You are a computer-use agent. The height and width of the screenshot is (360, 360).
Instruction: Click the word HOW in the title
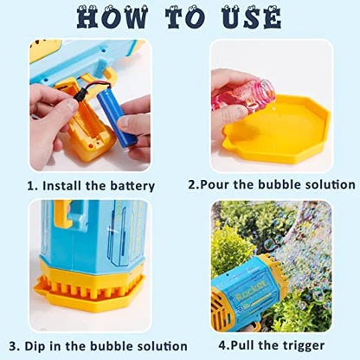(x=113, y=16)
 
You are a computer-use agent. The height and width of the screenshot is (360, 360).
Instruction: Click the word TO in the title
(x=179, y=16)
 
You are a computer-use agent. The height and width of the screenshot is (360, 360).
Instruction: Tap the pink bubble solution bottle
(x=247, y=93)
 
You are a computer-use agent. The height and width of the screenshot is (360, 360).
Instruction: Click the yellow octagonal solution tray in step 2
(x=277, y=130)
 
